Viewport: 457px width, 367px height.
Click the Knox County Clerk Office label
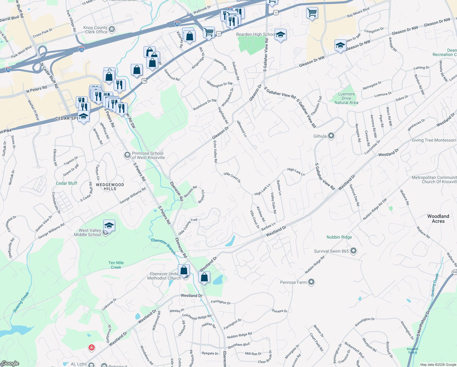point(96,30)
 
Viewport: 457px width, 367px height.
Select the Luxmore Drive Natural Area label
point(346,98)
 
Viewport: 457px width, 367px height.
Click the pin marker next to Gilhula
point(331,136)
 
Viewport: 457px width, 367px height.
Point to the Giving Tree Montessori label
point(433,140)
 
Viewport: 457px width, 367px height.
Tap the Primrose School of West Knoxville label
point(148,155)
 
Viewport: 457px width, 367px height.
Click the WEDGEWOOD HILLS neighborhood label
point(110,187)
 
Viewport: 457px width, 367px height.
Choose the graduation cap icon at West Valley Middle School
point(109,226)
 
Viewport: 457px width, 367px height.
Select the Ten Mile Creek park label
point(116,265)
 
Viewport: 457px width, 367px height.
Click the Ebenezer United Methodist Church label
point(164,276)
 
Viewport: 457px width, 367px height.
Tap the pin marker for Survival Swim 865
point(353,251)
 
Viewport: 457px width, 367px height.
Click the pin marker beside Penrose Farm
point(311,282)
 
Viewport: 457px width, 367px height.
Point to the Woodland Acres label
point(438,219)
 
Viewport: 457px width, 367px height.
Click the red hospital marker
point(91,347)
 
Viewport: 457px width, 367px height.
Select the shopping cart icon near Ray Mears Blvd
point(312,13)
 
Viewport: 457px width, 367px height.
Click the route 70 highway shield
point(144,81)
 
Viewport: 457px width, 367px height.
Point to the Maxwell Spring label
point(412,350)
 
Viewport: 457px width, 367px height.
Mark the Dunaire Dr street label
point(280,311)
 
